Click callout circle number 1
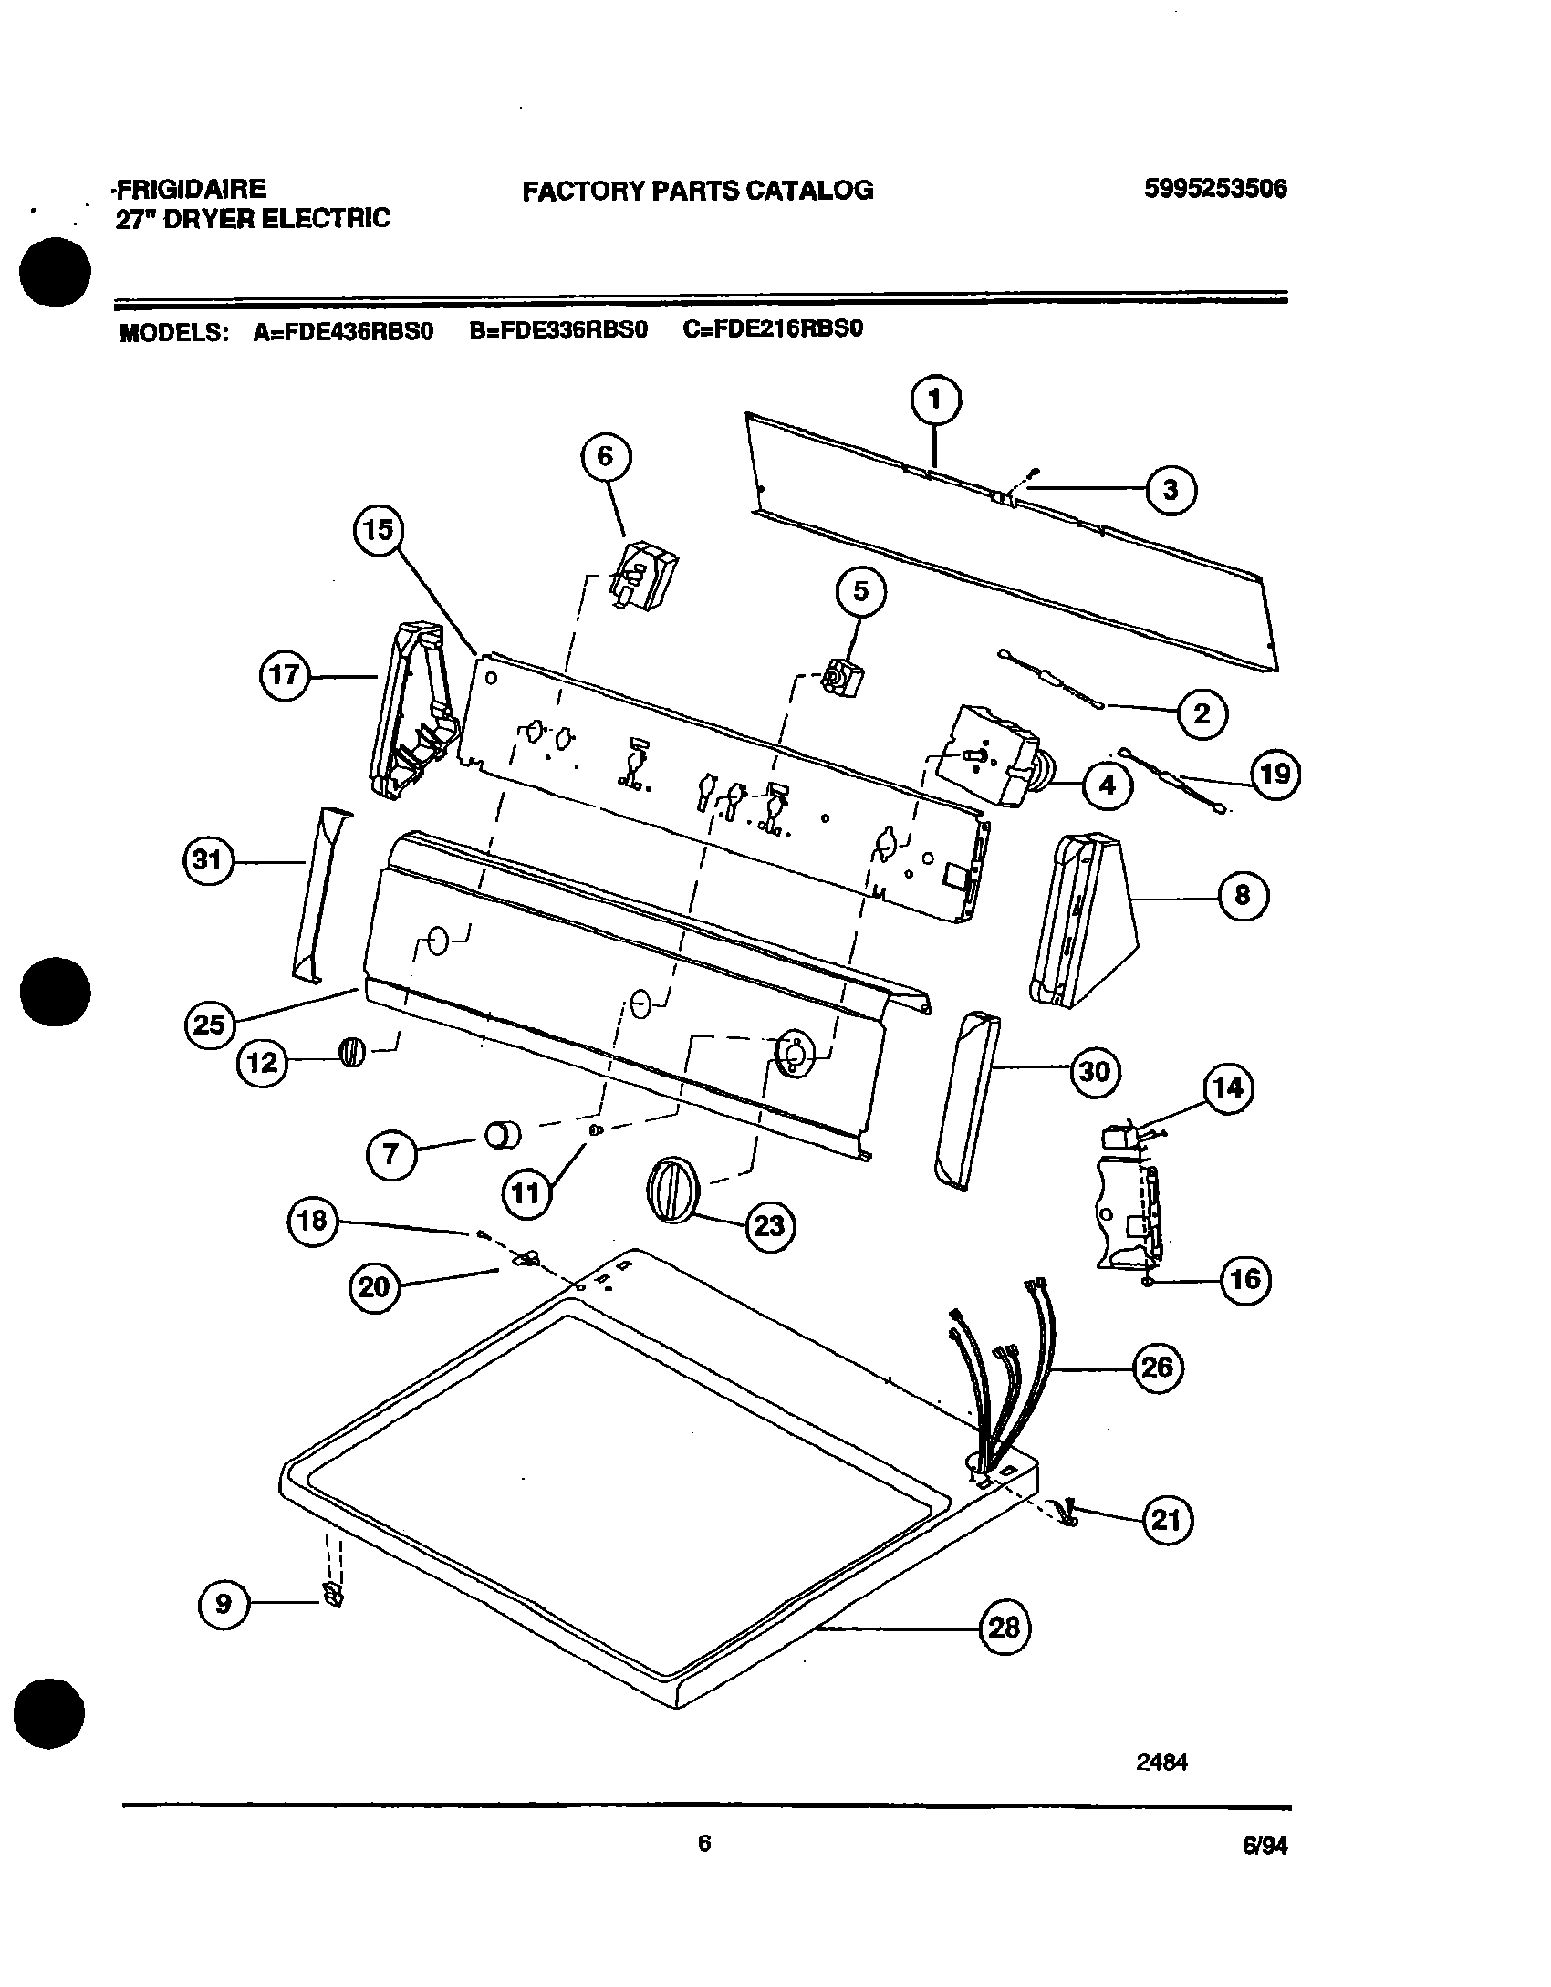tap(935, 400)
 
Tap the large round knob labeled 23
tap(673, 1187)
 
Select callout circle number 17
tap(286, 676)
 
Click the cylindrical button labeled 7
tap(502, 1136)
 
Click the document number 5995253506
tap(1214, 189)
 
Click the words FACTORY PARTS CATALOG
tap(698, 190)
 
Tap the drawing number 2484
tap(1161, 1763)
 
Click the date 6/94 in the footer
tap(1264, 1846)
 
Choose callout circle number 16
tap(1245, 1280)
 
